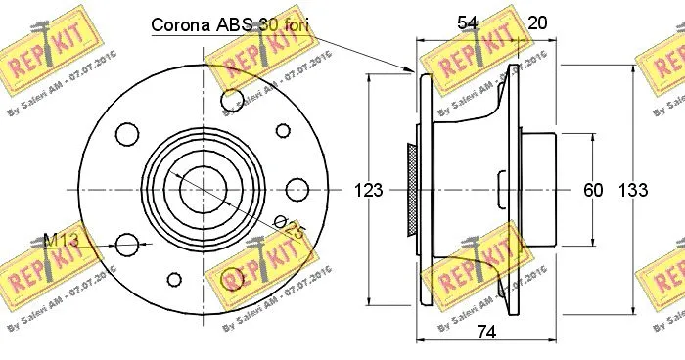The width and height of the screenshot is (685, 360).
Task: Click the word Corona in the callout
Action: pos(181,26)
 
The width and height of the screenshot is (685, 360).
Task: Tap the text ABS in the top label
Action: pos(237,26)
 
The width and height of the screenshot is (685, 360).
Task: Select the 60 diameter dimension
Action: pos(593,191)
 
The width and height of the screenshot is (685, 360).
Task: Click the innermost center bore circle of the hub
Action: pos(204,185)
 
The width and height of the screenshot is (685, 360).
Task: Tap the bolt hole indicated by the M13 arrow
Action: pos(126,244)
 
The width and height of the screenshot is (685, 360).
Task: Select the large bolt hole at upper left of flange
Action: pos(126,131)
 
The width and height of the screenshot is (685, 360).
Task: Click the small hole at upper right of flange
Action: pos(282,129)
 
